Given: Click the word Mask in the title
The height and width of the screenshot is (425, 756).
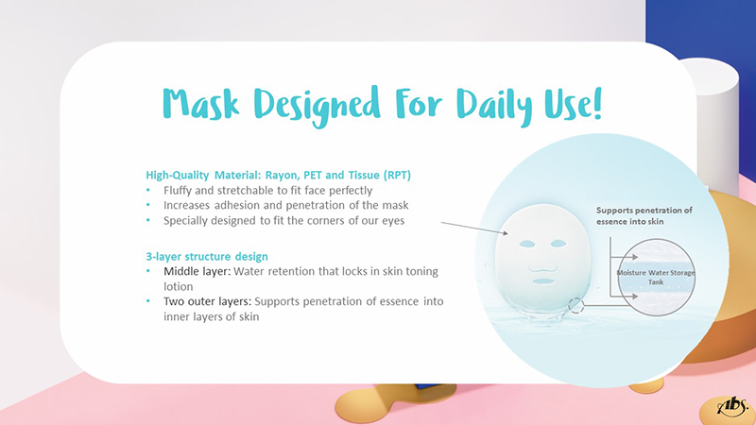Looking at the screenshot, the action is (200, 104).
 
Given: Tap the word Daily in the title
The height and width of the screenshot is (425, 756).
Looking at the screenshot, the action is (494, 106).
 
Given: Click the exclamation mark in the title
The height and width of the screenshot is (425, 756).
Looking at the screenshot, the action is (597, 103).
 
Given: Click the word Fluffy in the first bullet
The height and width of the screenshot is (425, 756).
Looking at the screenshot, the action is (178, 191).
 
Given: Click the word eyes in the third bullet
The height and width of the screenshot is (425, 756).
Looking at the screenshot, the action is (393, 221).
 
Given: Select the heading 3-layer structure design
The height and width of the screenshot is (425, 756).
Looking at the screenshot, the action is (207, 256).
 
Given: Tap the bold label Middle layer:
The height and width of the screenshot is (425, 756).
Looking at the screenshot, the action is (198, 271).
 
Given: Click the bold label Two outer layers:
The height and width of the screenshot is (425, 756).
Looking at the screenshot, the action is (207, 301).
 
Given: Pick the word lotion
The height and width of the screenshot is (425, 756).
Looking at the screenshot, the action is (179, 287).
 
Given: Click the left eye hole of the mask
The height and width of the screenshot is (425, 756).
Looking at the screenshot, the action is (527, 245).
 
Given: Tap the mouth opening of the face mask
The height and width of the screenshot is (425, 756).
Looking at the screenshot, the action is (543, 280).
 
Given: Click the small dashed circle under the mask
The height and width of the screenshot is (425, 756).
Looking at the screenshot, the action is (576, 305).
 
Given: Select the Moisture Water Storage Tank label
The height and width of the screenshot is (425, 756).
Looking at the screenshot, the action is (656, 277).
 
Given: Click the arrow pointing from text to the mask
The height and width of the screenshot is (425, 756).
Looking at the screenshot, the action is (474, 229).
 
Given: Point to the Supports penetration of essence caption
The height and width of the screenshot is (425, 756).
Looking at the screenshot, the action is (644, 216).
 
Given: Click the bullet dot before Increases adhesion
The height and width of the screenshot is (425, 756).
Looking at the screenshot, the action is (148, 205).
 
